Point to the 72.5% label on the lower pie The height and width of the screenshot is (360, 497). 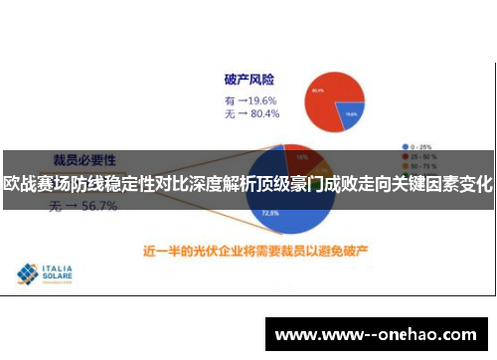(x=269, y=213)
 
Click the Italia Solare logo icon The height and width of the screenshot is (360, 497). (x=27, y=273)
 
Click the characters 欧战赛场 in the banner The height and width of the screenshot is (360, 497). (x=35, y=183)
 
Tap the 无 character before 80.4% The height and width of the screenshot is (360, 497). (x=230, y=115)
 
